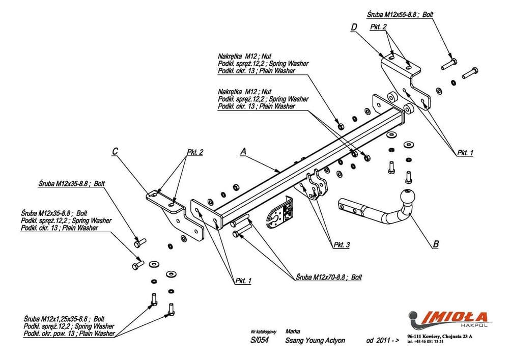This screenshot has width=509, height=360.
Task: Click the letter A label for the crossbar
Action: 243,151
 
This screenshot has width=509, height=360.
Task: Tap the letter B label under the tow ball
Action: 435,243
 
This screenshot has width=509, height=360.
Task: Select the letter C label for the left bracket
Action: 115,151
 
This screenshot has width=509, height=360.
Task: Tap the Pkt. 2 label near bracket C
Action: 195,152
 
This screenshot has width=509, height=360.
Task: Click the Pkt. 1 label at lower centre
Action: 243,281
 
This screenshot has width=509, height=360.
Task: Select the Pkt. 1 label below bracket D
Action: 465,152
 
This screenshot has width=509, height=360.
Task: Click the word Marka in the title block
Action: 293,330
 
